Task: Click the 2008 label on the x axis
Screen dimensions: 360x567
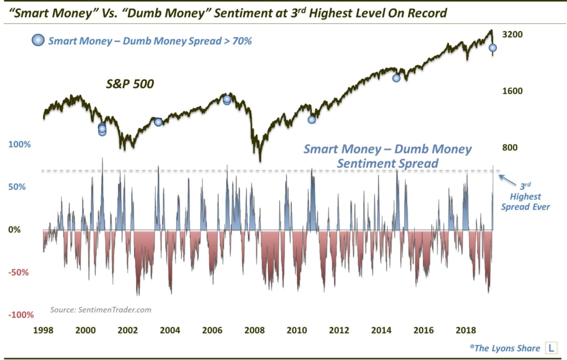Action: (x=254, y=330)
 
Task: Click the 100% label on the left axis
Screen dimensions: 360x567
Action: (x=19, y=145)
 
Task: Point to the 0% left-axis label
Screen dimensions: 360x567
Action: (x=17, y=230)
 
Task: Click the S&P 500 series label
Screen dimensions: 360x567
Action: (x=130, y=85)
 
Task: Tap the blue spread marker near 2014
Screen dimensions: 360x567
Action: (x=396, y=78)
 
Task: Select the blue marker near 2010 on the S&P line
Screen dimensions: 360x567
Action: (x=312, y=120)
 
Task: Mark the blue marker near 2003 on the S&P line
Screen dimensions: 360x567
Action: (x=158, y=122)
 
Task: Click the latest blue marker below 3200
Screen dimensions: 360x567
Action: (x=492, y=48)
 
